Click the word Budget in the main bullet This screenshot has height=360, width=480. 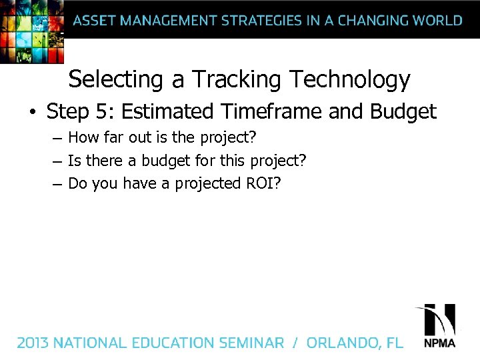point(403,111)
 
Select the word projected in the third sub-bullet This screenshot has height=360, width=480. point(205,183)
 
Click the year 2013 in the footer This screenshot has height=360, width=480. point(33,343)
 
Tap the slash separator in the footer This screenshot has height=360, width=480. point(294,343)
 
